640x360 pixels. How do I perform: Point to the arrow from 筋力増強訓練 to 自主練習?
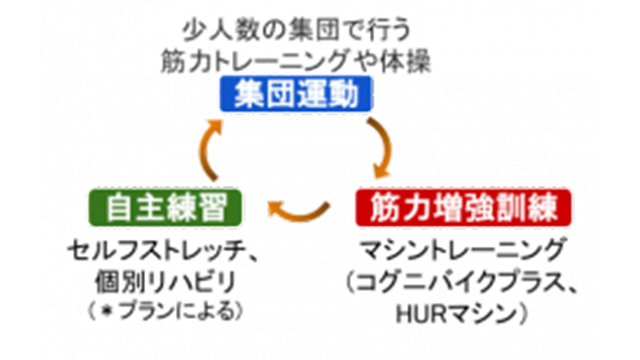(299, 209)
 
